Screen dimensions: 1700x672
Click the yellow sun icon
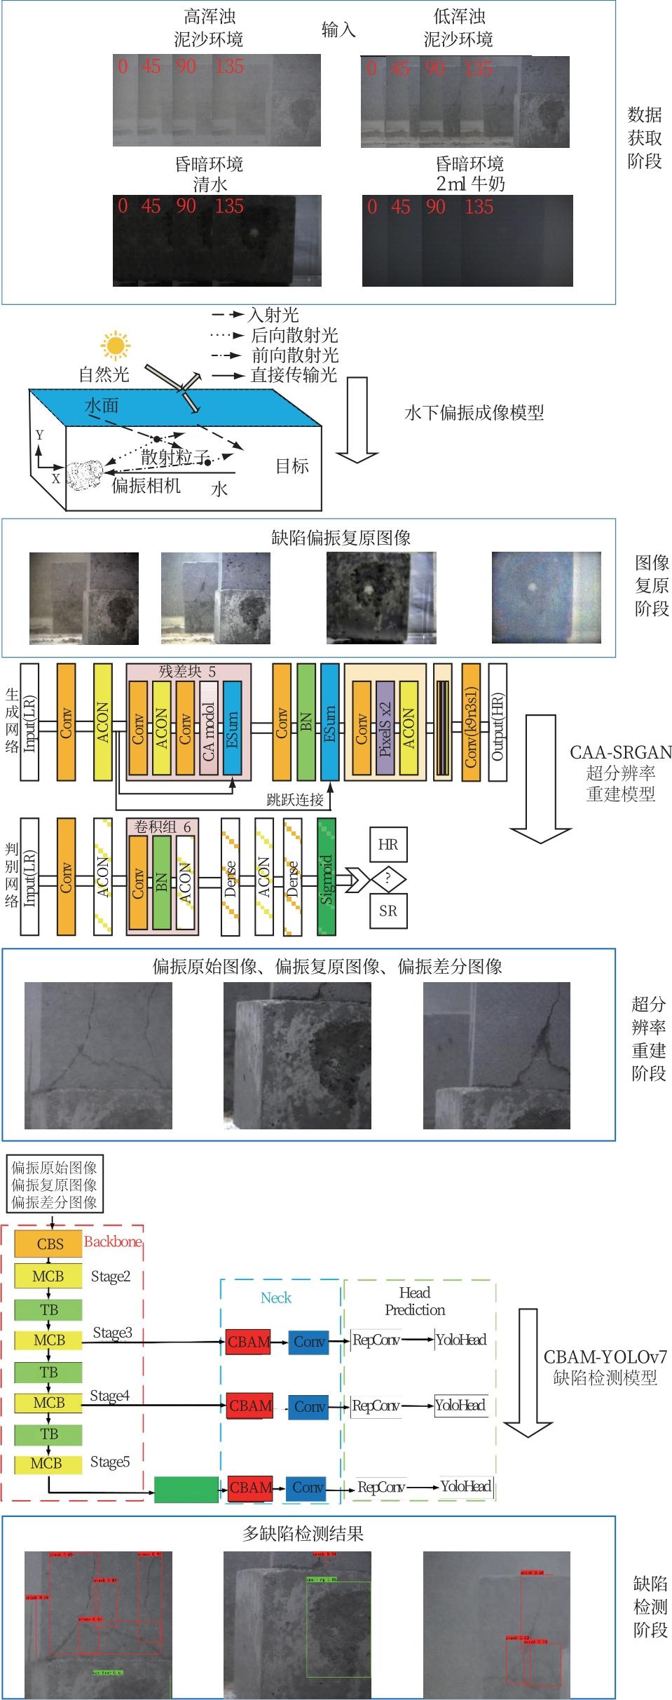point(115,345)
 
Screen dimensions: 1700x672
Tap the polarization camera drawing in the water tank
point(86,475)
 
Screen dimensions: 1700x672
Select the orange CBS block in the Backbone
point(49,1244)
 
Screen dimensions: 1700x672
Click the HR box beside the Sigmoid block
point(388,845)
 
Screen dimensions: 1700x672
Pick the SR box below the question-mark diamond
point(388,911)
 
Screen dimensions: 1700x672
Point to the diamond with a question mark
point(388,878)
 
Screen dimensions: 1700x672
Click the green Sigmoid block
point(327,877)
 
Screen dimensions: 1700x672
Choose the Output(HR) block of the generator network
point(498,722)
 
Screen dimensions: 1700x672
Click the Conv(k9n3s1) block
point(470,723)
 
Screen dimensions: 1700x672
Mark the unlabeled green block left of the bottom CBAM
point(186,1488)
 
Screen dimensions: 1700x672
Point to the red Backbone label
point(113,1242)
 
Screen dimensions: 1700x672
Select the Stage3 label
point(112,1333)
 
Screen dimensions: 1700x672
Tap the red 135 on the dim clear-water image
point(229,206)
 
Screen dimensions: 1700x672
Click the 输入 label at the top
point(338,29)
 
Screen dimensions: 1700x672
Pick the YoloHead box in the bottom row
point(466,1485)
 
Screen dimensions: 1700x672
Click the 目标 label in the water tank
point(292,465)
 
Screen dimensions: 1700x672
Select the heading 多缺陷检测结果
point(303,1534)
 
